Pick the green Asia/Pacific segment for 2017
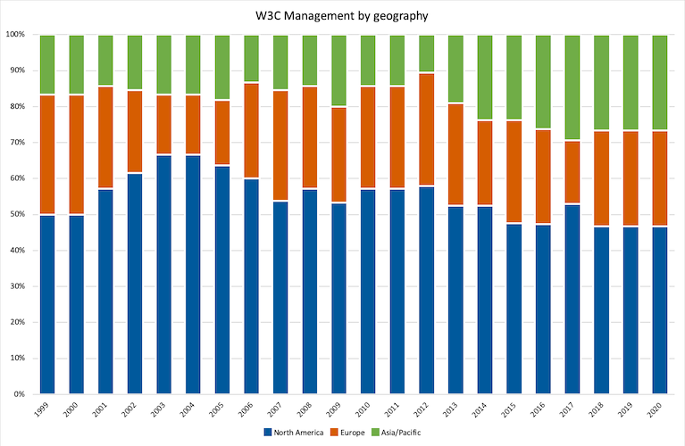571,87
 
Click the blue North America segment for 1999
47,304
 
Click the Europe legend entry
350,432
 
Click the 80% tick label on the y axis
18,106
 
